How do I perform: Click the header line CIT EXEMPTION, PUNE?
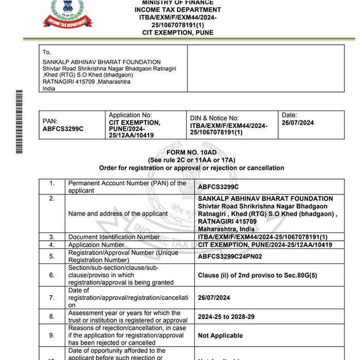(177, 32)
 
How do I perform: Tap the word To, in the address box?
(47, 52)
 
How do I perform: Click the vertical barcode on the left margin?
(19, 121)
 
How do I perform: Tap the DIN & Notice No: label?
(214, 118)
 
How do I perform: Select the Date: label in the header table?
(290, 115)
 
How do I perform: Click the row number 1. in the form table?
(52, 183)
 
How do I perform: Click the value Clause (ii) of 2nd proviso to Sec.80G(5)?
(257, 275)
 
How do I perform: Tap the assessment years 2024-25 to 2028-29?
(225, 317)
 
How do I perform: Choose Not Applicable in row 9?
(220, 335)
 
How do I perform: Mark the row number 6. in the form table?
(52, 275)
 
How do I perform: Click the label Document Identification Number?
(114, 237)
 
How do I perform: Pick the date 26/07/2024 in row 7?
(214, 298)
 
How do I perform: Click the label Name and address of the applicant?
(118, 213)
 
